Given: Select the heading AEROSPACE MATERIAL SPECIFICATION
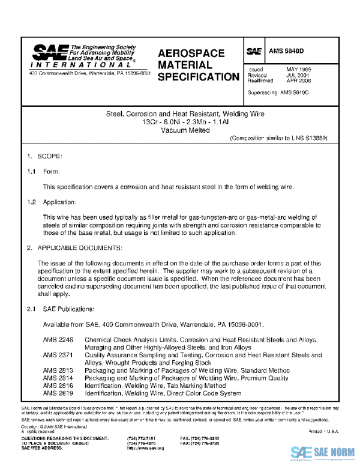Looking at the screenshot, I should click(198, 65).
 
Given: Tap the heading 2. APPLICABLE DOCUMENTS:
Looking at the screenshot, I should click(74, 247).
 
